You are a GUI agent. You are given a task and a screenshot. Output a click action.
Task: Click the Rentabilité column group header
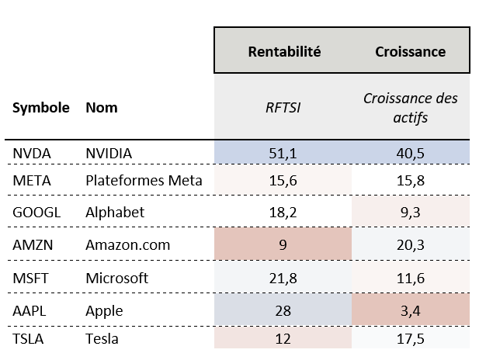tap(284, 52)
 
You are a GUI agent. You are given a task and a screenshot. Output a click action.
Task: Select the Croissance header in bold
tap(410, 52)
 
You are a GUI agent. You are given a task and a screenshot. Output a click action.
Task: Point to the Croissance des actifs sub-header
tap(410, 108)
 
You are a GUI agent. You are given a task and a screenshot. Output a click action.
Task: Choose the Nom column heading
tap(101, 108)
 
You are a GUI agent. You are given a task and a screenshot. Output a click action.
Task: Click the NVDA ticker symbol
tap(32, 154)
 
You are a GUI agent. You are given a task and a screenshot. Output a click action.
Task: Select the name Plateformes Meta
tap(144, 181)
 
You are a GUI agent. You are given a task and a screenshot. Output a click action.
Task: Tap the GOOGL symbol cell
tap(35, 212)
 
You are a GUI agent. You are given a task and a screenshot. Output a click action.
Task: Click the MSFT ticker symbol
tap(31, 277)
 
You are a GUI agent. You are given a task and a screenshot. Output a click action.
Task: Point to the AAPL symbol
tap(30, 310)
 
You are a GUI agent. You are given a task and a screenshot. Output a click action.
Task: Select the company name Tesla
tap(101, 339)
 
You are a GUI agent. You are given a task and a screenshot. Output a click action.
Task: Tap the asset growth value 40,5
tap(410, 154)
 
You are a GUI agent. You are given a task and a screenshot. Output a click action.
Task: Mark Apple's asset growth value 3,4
tap(410, 310)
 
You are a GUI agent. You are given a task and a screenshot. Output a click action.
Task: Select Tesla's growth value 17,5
tap(410, 339)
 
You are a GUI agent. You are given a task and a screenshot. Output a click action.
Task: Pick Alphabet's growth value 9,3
tap(410, 212)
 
